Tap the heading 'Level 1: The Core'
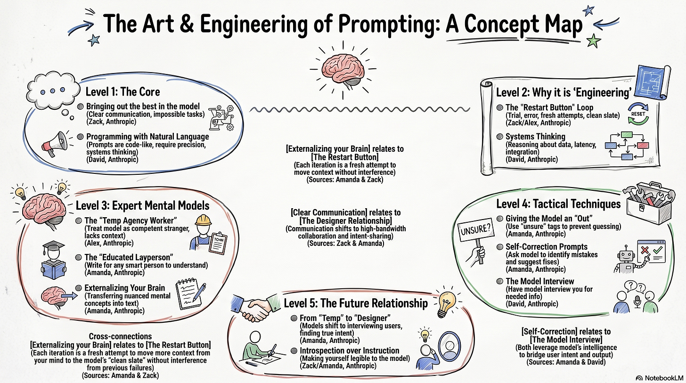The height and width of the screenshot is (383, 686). pos(122,91)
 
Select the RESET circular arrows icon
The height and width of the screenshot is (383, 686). pos(640,114)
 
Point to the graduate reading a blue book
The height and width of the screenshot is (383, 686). pos(56,261)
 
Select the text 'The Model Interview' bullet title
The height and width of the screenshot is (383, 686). pos(540,281)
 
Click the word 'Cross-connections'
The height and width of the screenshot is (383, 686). pos(120,336)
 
